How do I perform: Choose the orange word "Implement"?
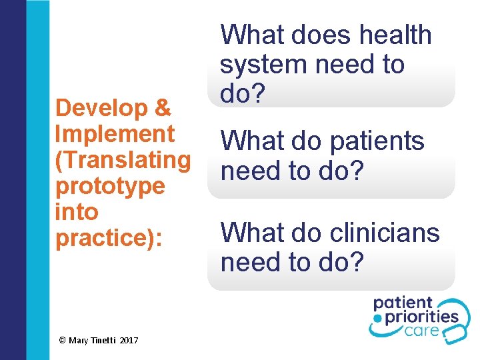tap(115, 134)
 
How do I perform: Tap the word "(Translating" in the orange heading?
tap(123, 160)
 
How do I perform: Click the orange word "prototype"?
tap(110, 186)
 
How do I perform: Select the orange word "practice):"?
tap(109, 238)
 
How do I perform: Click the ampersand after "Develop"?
tap(162, 108)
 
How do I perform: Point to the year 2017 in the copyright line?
tap(129, 341)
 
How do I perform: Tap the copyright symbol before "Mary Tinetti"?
tap(62, 341)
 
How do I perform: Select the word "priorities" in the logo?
tap(421, 316)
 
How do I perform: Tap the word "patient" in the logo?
tap(403, 303)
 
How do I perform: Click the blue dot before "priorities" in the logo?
tap(377, 319)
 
